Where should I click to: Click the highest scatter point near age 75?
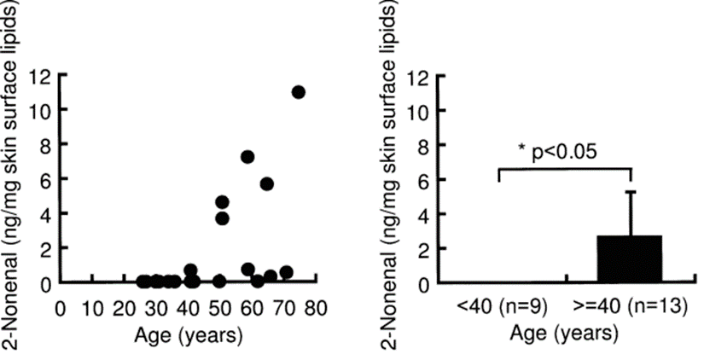tap(299, 92)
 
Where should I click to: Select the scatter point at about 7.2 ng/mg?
tap(248, 157)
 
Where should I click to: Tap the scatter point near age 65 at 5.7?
tap(267, 184)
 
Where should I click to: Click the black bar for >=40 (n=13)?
tap(630, 258)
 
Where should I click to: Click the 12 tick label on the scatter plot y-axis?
tap(39, 76)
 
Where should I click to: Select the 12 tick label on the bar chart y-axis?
tap(419, 77)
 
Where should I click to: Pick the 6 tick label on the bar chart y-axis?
tap(424, 180)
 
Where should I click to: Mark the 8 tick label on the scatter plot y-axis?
tap(44, 145)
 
